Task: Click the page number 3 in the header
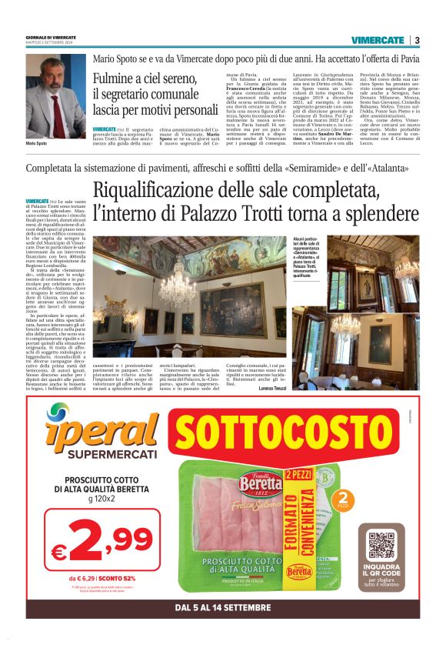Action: [x=417, y=40]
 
